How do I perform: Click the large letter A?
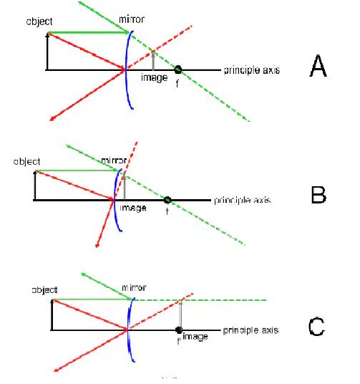click(318, 66)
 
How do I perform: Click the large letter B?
click(318, 195)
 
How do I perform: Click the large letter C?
click(316, 327)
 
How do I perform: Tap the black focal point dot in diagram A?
click(178, 69)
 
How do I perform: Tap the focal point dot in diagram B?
click(167, 200)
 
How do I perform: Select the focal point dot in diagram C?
click(179, 330)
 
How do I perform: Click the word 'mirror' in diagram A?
click(132, 19)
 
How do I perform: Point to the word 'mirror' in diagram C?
click(134, 287)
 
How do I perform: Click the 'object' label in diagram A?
click(39, 21)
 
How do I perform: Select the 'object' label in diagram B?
click(26, 162)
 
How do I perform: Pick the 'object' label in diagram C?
click(45, 290)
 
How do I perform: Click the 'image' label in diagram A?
click(154, 78)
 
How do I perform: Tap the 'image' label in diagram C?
click(195, 337)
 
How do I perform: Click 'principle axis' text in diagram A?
click(252, 70)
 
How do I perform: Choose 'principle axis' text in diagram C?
click(250, 330)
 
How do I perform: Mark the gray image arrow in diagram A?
click(153, 61)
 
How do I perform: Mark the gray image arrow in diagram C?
click(180, 315)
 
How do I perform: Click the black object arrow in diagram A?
click(47, 52)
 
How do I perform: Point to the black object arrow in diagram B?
click(35, 186)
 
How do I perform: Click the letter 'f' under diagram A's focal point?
click(177, 84)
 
